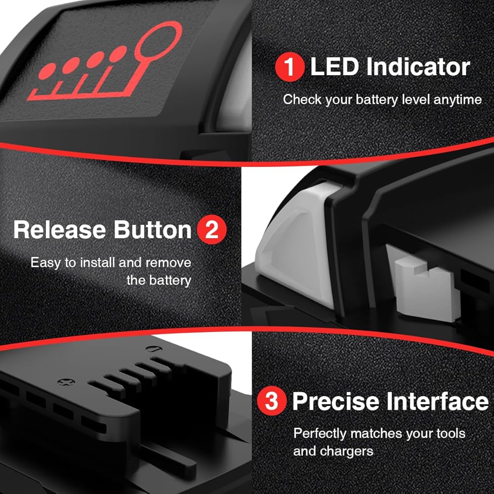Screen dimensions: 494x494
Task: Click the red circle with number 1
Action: coord(289,67)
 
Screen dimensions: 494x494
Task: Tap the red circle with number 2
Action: coord(212,230)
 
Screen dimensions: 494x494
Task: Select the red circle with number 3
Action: coord(272,401)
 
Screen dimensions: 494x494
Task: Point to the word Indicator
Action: coord(418,67)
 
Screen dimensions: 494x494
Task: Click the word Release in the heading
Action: coord(60,230)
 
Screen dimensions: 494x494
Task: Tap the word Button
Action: coord(153,230)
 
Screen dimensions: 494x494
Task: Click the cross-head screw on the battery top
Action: coord(66,382)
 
